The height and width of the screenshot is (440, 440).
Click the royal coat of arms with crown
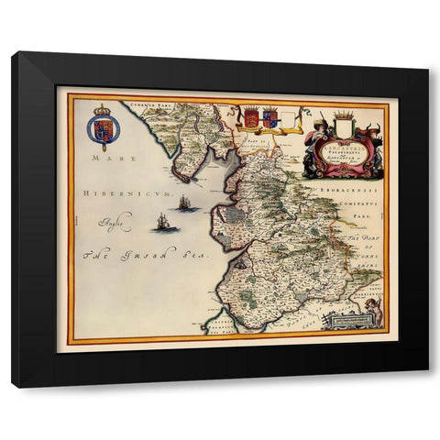point(103,128)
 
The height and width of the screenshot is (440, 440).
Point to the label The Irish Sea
point(126,256)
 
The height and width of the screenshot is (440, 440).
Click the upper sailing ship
point(186,203)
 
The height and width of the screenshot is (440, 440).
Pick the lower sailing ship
point(163,223)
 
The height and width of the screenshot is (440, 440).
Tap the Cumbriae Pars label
point(151,106)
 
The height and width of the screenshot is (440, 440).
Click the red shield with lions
point(251,117)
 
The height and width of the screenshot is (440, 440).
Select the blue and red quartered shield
point(269,117)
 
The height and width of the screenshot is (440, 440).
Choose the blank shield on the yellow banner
point(290,119)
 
